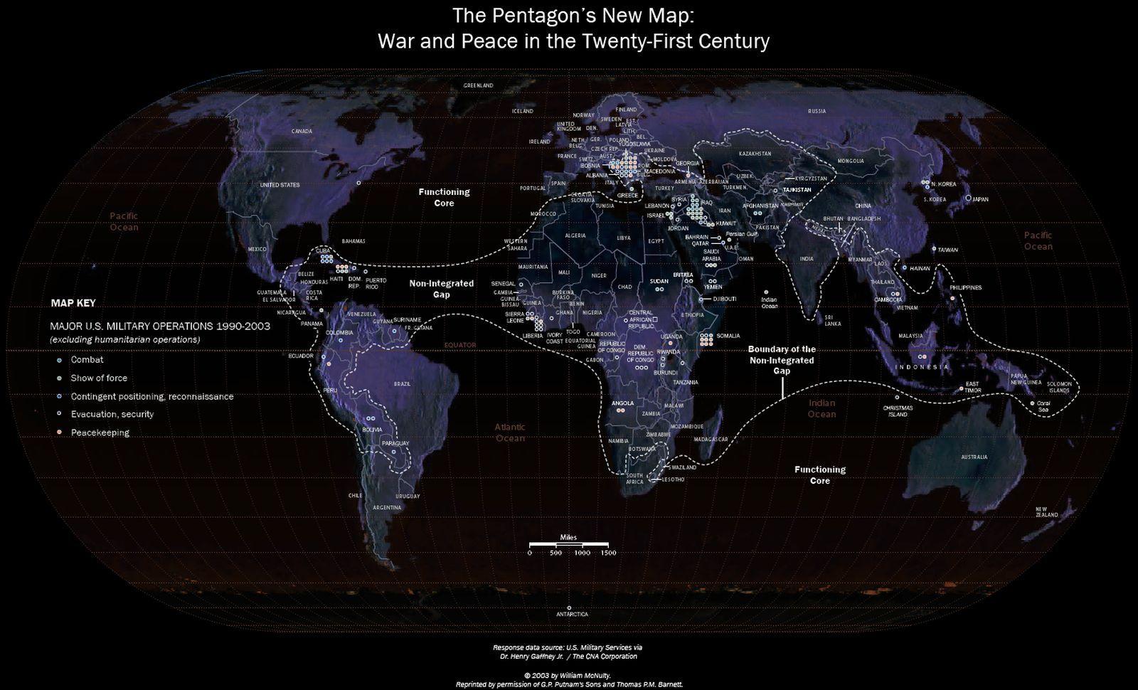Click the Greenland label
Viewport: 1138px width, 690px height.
478,85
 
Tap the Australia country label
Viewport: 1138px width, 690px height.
974,457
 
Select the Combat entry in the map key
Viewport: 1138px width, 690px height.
87,360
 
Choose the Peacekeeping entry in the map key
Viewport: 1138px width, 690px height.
100,432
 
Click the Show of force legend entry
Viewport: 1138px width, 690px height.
99,378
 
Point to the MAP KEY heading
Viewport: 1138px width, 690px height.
73,303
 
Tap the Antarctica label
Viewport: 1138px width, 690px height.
573,614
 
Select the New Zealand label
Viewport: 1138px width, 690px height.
1046,511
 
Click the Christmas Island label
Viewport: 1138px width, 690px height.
895,411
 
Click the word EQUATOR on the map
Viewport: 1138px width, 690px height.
459,345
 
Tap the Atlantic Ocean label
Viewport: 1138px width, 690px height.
510,432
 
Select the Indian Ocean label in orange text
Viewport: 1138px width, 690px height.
821,408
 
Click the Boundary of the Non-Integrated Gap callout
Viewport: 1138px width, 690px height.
782,360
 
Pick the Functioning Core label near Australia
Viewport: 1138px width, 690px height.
819,474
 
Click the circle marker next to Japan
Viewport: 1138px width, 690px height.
968,198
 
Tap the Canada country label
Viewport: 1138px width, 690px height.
302,131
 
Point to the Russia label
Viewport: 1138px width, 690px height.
817,111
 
